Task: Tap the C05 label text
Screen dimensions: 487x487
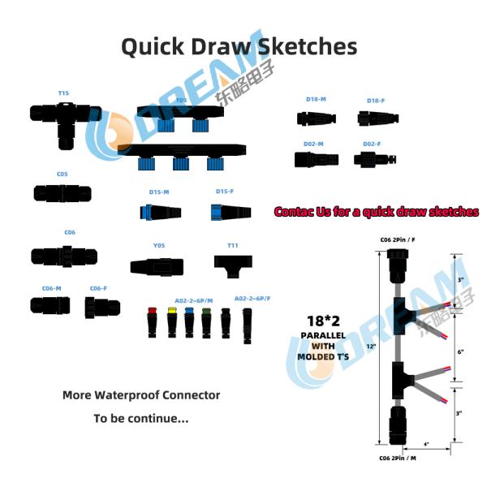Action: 62,174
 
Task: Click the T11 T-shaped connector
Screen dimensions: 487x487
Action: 232,262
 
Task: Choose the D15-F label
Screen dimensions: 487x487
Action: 225,192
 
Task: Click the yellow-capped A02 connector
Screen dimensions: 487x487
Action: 172,323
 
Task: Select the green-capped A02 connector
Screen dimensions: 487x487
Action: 206,323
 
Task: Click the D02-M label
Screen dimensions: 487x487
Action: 314,144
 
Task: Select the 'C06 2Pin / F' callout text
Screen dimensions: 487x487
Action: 398,240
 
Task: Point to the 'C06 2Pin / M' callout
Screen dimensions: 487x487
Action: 398,459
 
